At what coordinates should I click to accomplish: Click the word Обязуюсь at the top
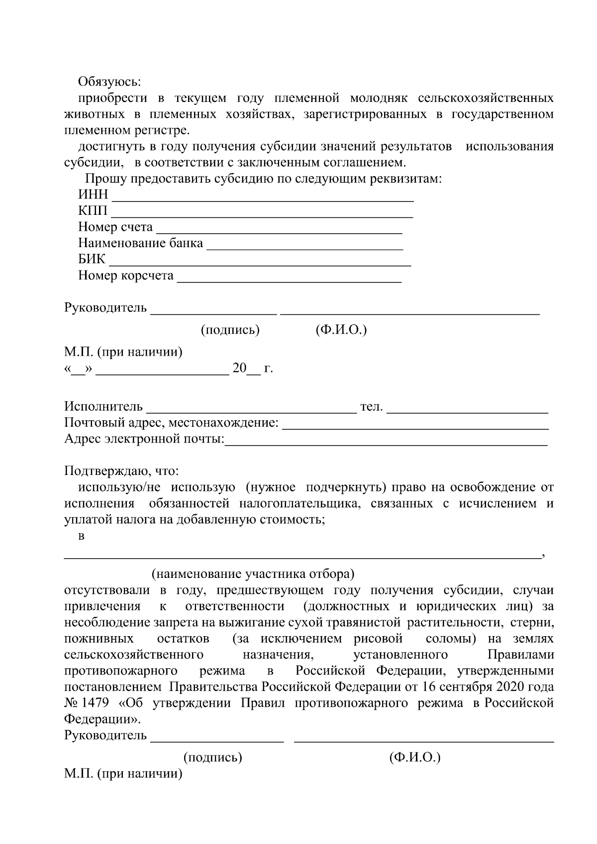(x=109, y=82)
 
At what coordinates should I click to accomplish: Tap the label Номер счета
(x=115, y=227)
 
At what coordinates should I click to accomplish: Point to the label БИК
(x=92, y=260)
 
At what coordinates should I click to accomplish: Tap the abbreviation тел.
(x=371, y=407)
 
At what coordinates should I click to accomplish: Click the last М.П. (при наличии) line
(x=123, y=774)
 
